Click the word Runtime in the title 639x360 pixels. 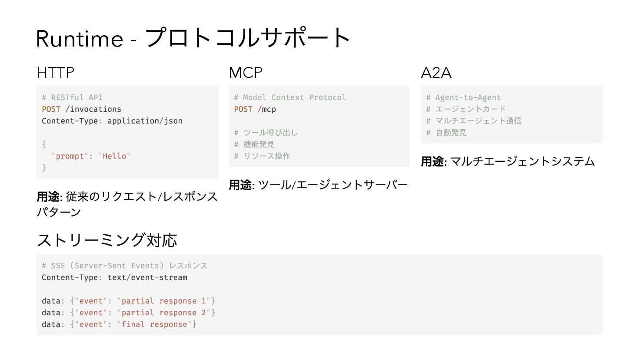[x=80, y=39]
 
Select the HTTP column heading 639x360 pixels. [x=56, y=73]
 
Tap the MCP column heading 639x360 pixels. [x=246, y=73]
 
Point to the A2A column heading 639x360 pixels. [x=436, y=73]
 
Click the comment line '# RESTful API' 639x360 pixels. [x=72, y=97]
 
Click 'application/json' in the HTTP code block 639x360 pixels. [x=145, y=121]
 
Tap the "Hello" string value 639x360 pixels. [x=114, y=156]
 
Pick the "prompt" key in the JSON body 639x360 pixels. [x=70, y=156]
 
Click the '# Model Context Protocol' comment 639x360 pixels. [x=290, y=97]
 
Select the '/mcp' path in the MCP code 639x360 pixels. [x=266, y=109]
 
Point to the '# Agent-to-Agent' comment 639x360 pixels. [x=463, y=97]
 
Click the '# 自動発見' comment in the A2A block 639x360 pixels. [x=446, y=133]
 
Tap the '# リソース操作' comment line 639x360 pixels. [x=262, y=156]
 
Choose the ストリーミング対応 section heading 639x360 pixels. [x=107, y=240]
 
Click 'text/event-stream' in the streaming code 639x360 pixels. [x=147, y=277]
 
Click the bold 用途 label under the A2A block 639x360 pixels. [x=432, y=162]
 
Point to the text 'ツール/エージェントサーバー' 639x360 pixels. [x=333, y=185]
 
